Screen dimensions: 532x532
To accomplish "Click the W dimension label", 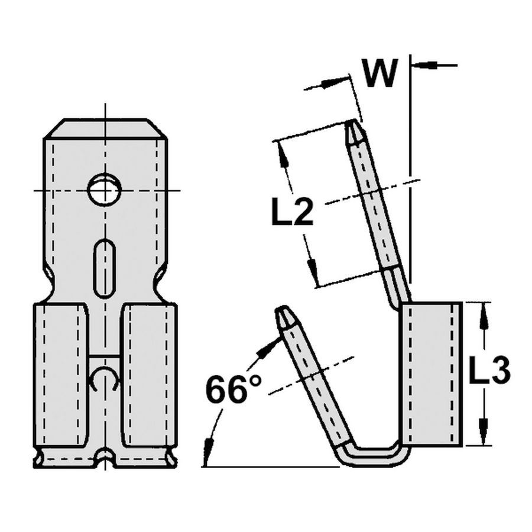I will coord(378,73).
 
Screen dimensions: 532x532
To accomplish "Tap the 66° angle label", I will coord(233,390).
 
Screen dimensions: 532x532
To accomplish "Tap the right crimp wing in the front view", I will coord(149,375).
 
